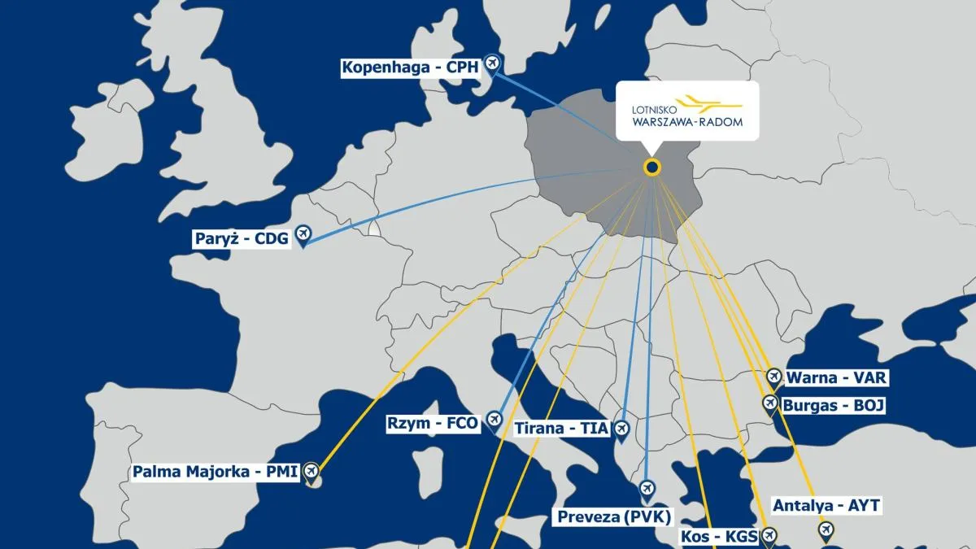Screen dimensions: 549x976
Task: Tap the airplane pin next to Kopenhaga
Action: (491, 63)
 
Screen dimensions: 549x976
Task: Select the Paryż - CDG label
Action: (242, 239)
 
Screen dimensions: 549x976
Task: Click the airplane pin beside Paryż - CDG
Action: (303, 234)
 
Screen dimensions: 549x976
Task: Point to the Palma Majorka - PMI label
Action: (216, 471)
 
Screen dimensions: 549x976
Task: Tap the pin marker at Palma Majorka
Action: (311, 470)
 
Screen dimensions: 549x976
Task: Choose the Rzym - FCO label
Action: (433, 423)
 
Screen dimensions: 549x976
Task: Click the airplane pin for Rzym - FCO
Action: (494, 419)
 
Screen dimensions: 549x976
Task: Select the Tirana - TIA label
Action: (562, 429)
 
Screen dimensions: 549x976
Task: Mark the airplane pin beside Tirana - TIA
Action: (621, 428)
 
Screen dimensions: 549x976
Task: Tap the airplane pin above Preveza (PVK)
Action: (647, 489)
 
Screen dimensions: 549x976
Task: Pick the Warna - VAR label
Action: (835, 378)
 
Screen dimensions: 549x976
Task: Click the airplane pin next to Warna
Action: (773, 377)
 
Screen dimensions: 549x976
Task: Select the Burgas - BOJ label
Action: (833, 405)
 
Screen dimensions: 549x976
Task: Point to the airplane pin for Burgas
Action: (769, 402)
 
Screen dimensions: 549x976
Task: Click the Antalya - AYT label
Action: (826, 506)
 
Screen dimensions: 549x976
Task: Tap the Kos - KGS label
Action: (718, 537)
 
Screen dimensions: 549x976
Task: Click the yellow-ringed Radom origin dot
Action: (651, 168)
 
